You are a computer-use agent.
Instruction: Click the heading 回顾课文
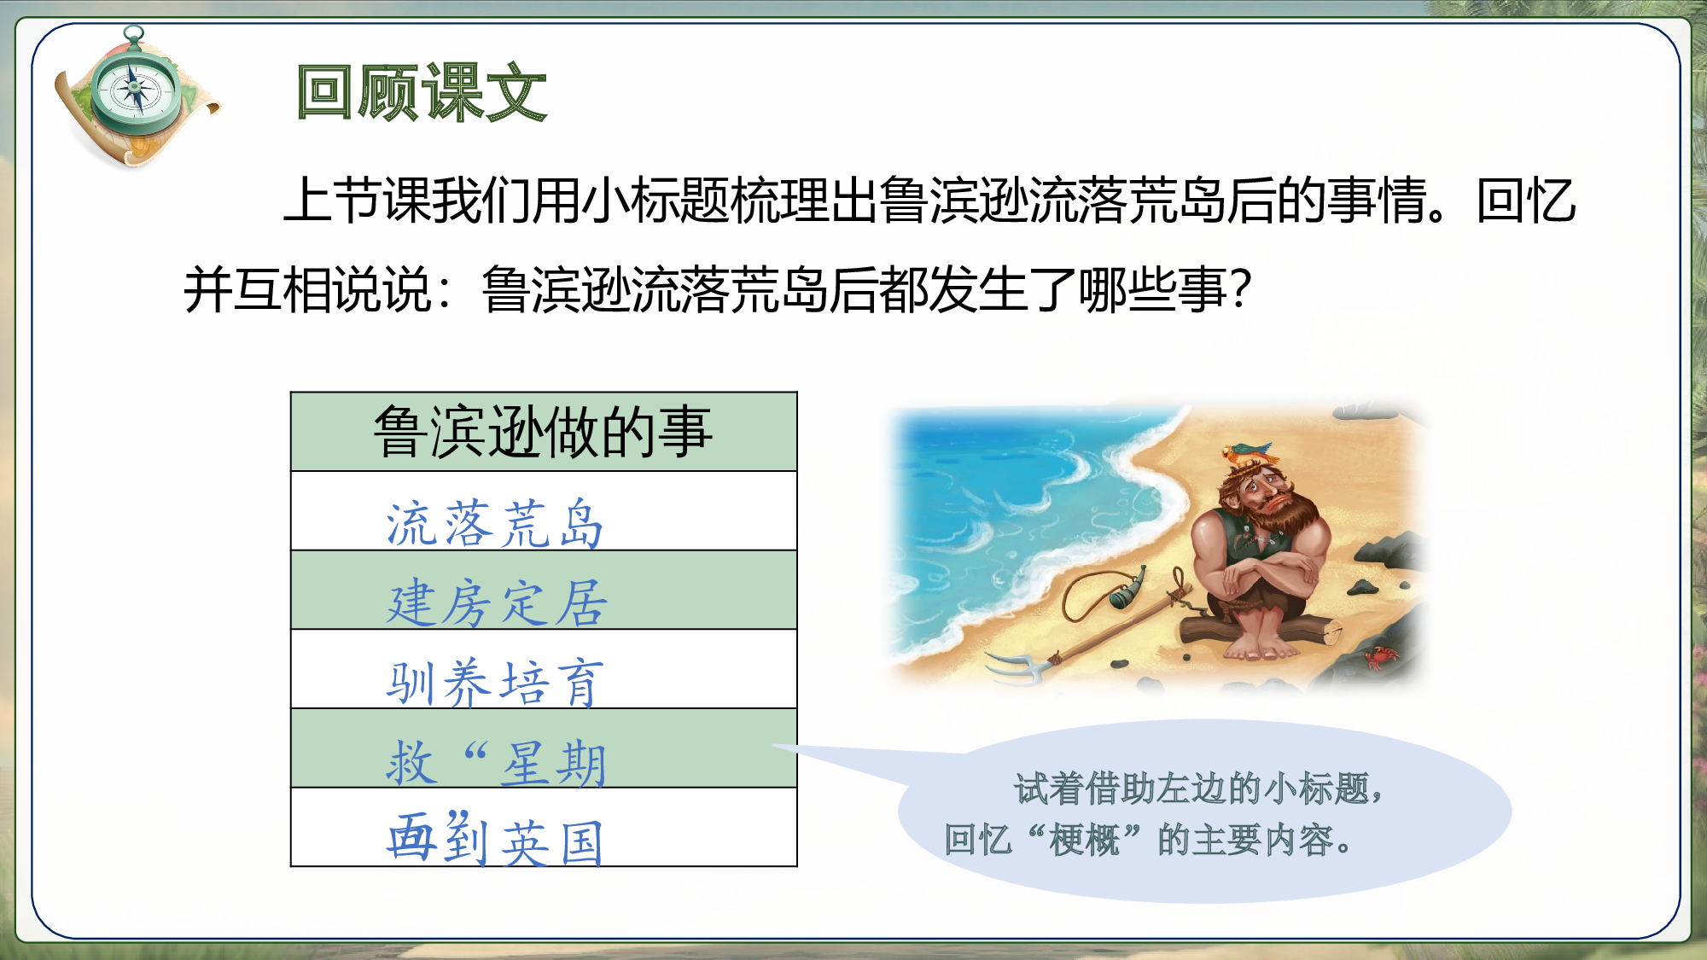[x=421, y=92]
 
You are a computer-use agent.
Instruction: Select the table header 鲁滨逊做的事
[x=544, y=432]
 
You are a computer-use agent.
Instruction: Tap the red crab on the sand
[x=1380, y=657]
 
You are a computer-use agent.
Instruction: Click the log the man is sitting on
[x=1259, y=632]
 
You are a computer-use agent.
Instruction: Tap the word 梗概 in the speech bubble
[x=1084, y=841]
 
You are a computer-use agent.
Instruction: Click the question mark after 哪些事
[x=1242, y=288]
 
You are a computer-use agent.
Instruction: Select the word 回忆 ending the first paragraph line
[x=1525, y=201]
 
